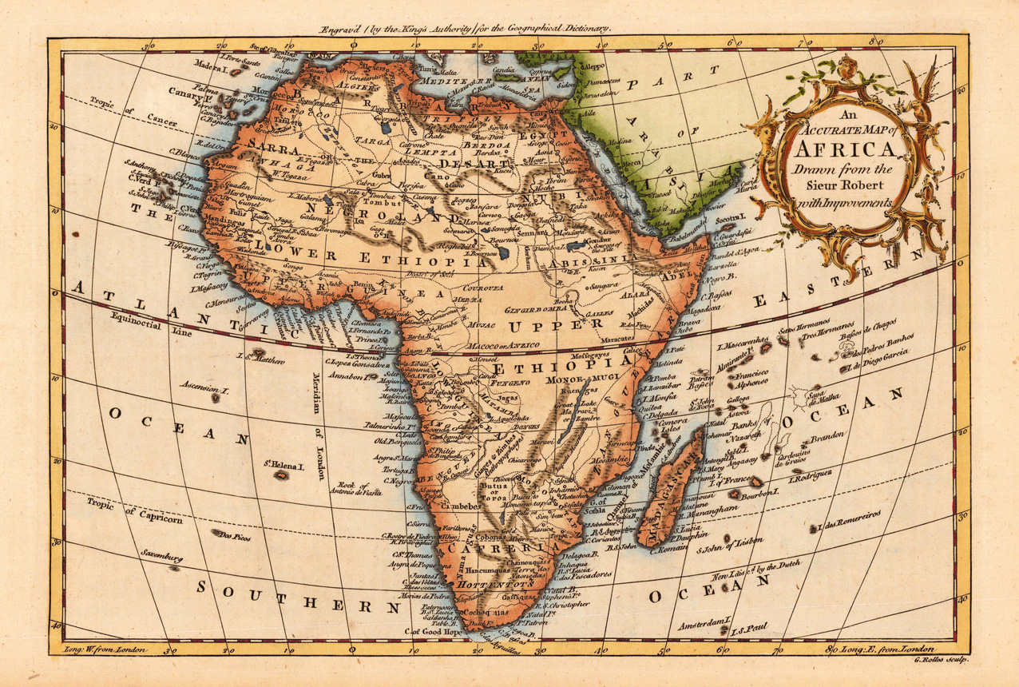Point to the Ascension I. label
(205, 389)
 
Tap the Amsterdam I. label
(704, 620)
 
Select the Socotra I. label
(728, 217)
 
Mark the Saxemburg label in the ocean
(163, 554)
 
